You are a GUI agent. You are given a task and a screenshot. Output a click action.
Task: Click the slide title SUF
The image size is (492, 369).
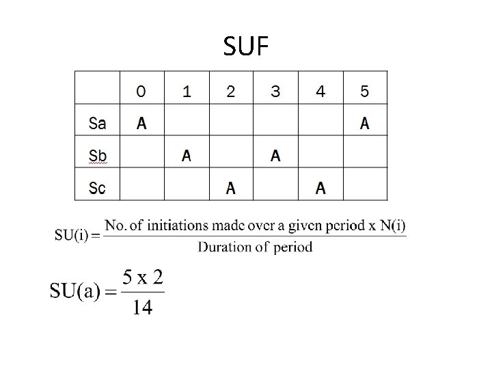click(246, 46)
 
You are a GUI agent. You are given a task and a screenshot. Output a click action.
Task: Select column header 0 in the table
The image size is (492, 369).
click(141, 91)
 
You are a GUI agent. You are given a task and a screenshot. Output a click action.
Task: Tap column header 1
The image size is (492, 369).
click(186, 91)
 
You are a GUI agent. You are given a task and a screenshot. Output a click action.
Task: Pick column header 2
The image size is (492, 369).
click(230, 91)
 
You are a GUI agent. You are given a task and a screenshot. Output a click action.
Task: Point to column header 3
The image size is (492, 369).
click(275, 91)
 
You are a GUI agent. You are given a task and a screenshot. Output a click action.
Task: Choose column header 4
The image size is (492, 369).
click(320, 91)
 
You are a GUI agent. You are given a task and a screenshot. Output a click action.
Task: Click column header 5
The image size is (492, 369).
click(364, 91)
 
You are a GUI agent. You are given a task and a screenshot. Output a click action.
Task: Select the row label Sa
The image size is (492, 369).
click(97, 124)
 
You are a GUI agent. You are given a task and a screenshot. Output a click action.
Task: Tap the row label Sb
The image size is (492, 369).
click(97, 156)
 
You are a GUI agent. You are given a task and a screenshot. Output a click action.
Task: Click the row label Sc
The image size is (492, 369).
click(97, 188)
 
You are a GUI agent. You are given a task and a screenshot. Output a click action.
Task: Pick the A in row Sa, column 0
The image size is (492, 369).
click(141, 124)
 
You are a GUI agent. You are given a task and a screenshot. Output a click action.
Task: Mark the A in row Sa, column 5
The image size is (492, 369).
click(364, 124)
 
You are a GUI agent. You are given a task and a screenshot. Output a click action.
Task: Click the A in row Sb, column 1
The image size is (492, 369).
click(186, 156)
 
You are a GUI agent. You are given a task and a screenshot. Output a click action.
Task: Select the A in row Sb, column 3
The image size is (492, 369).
click(275, 156)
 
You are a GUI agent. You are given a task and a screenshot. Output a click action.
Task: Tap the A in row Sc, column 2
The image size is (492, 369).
click(230, 188)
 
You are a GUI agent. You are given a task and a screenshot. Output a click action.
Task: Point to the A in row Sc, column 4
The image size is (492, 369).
click(320, 188)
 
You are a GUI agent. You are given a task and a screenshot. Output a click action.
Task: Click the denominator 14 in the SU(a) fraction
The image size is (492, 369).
click(142, 308)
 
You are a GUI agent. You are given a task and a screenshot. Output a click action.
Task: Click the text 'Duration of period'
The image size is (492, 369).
click(256, 247)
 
